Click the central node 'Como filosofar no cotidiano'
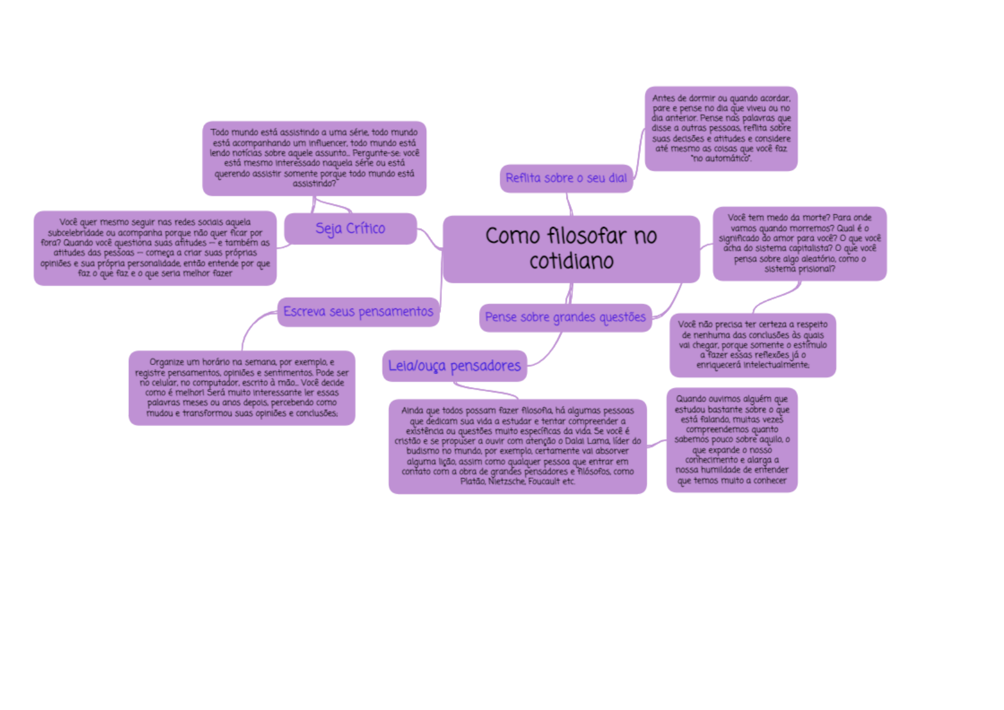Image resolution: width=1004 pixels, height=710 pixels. (x=571, y=249)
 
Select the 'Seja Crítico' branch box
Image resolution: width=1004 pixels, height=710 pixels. (x=350, y=229)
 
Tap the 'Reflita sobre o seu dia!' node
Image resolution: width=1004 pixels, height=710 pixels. (x=566, y=178)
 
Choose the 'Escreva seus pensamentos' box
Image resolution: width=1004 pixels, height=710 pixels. (x=358, y=312)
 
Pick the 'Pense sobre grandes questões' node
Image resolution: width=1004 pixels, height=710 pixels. (x=565, y=317)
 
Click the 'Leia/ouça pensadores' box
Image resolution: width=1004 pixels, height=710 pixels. (x=454, y=366)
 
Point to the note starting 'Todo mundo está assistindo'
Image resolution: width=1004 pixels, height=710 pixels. (x=314, y=158)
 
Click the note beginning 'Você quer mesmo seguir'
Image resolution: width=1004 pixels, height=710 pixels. (x=155, y=248)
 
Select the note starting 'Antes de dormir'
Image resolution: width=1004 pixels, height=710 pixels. (x=721, y=128)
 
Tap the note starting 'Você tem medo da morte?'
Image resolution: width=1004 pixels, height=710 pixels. (x=799, y=243)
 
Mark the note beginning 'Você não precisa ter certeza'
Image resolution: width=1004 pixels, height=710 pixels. (x=752, y=345)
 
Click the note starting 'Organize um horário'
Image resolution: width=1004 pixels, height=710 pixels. (x=242, y=388)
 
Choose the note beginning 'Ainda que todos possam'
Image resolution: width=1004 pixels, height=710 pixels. (x=518, y=446)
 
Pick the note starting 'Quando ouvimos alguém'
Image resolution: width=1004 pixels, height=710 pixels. (x=732, y=440)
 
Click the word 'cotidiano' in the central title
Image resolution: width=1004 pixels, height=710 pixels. (x=571, y=261)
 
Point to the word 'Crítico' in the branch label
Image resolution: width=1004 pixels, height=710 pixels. (x=365, y=229)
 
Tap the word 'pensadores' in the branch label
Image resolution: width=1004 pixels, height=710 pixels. (x=485, y=366)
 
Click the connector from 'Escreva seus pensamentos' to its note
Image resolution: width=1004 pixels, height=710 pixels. (x=251, y=325)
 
